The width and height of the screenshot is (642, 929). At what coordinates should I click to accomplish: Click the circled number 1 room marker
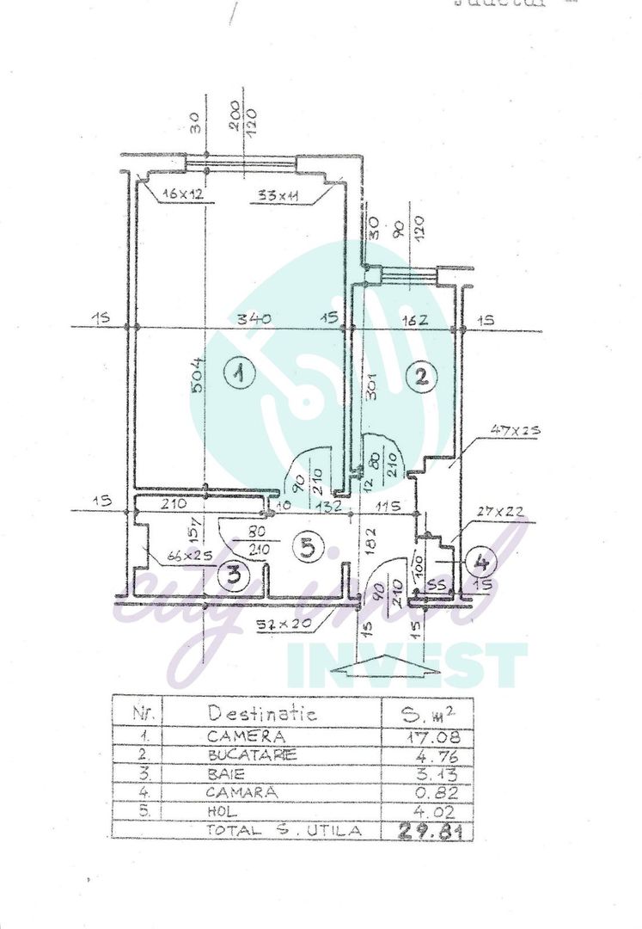coord(239,374)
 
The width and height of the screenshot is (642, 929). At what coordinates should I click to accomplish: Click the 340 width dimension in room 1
coord(254,319)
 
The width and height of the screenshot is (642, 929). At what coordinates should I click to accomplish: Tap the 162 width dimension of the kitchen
coord(413,320)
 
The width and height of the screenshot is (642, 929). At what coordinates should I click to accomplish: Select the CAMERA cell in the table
coord(245,736)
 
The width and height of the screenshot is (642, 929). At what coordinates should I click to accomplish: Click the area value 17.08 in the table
coord(432,737)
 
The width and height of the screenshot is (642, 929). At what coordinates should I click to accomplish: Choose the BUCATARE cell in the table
coord(252,755)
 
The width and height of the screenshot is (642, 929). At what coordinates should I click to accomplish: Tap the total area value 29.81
coord(428,830)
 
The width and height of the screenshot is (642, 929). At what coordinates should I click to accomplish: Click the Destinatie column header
coord(262,714)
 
